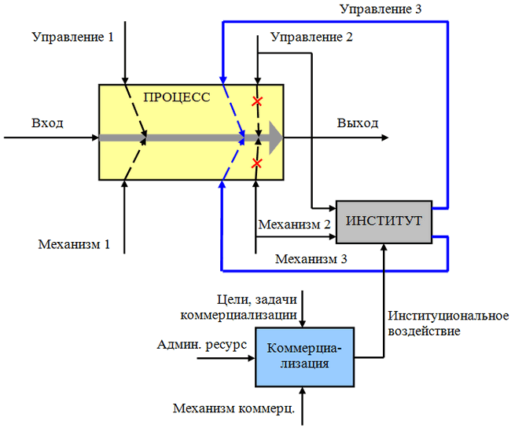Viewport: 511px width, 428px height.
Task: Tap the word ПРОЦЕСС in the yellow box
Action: (x=177, y=97)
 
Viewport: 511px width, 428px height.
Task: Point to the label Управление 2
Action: (x=311, y=37)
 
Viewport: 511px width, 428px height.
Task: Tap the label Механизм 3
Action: (x=309, y=258)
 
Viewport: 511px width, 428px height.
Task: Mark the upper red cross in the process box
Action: (x=256, y=101)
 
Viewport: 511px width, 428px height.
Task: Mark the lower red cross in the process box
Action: (x=256, y=163)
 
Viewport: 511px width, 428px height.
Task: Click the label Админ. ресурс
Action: (x=201, y=344)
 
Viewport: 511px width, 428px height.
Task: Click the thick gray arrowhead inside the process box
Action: (x=274, y=137)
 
